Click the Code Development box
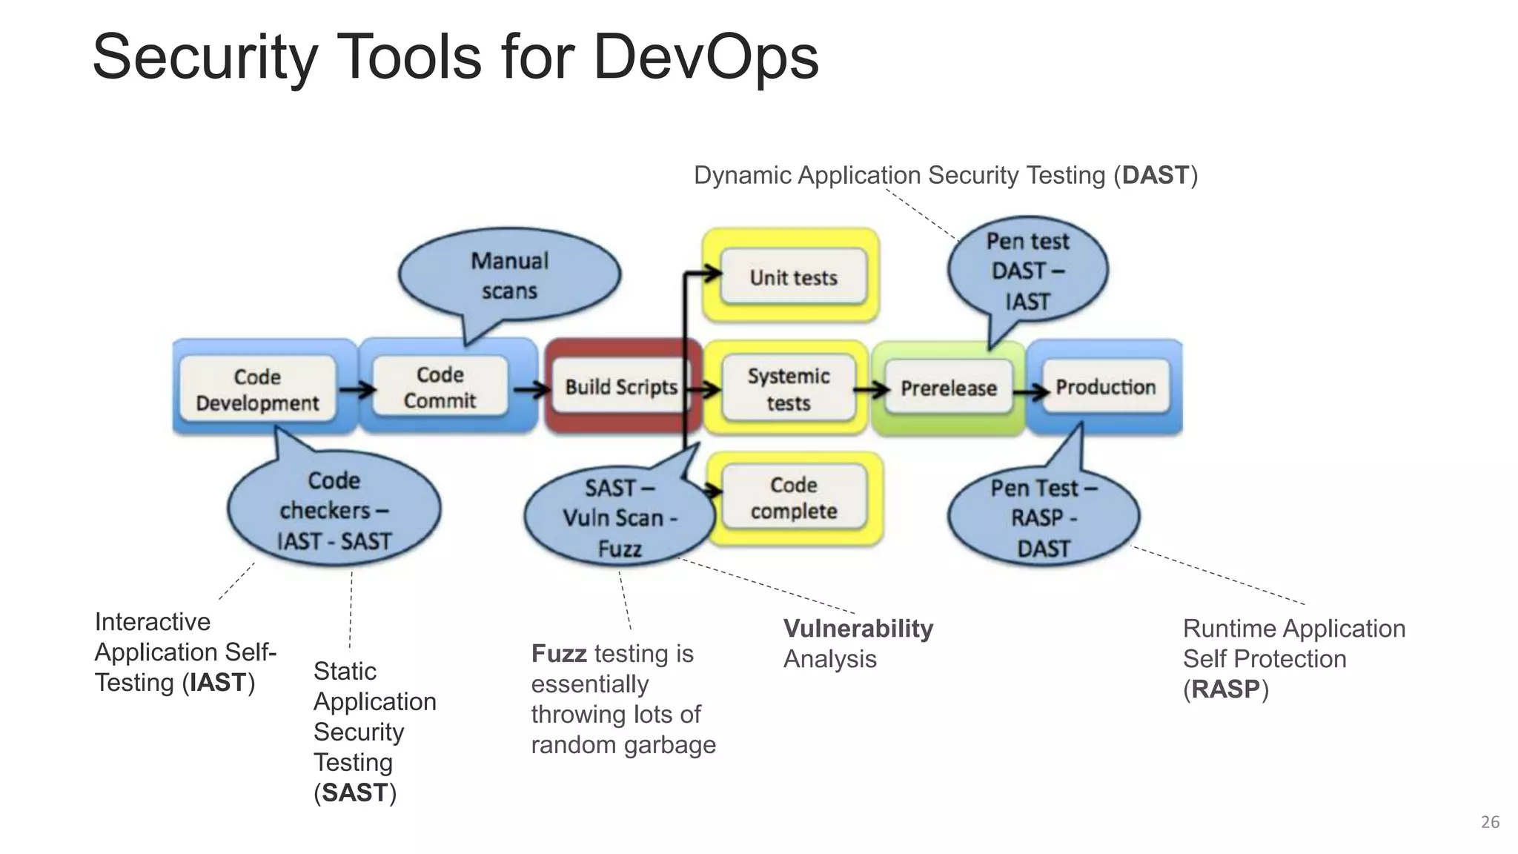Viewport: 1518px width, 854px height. [x=257, y=389]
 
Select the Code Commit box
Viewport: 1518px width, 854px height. [x=440, y=387]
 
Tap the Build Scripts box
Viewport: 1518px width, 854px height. [x=621, y=387]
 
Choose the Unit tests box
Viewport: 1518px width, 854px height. [x=793, y=277]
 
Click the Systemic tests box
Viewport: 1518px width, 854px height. [x=788, y=389]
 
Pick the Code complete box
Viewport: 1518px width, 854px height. [x=794, y=497]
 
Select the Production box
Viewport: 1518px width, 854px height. [x=1105, y=387]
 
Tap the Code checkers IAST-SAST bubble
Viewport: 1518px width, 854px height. [x=334, y=511]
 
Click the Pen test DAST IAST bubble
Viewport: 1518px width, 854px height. [x=1027, y=271]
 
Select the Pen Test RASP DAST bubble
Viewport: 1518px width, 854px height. [x=1043, y=518]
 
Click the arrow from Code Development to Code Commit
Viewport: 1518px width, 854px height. [x=356, y=389]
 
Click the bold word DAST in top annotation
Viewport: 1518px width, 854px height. [x=1155, y=176]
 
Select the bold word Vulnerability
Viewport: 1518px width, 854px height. [x=858, y=629]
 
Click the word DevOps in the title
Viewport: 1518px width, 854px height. [x=705, y=58]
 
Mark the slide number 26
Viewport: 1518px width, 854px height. [x=1490, y=822]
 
